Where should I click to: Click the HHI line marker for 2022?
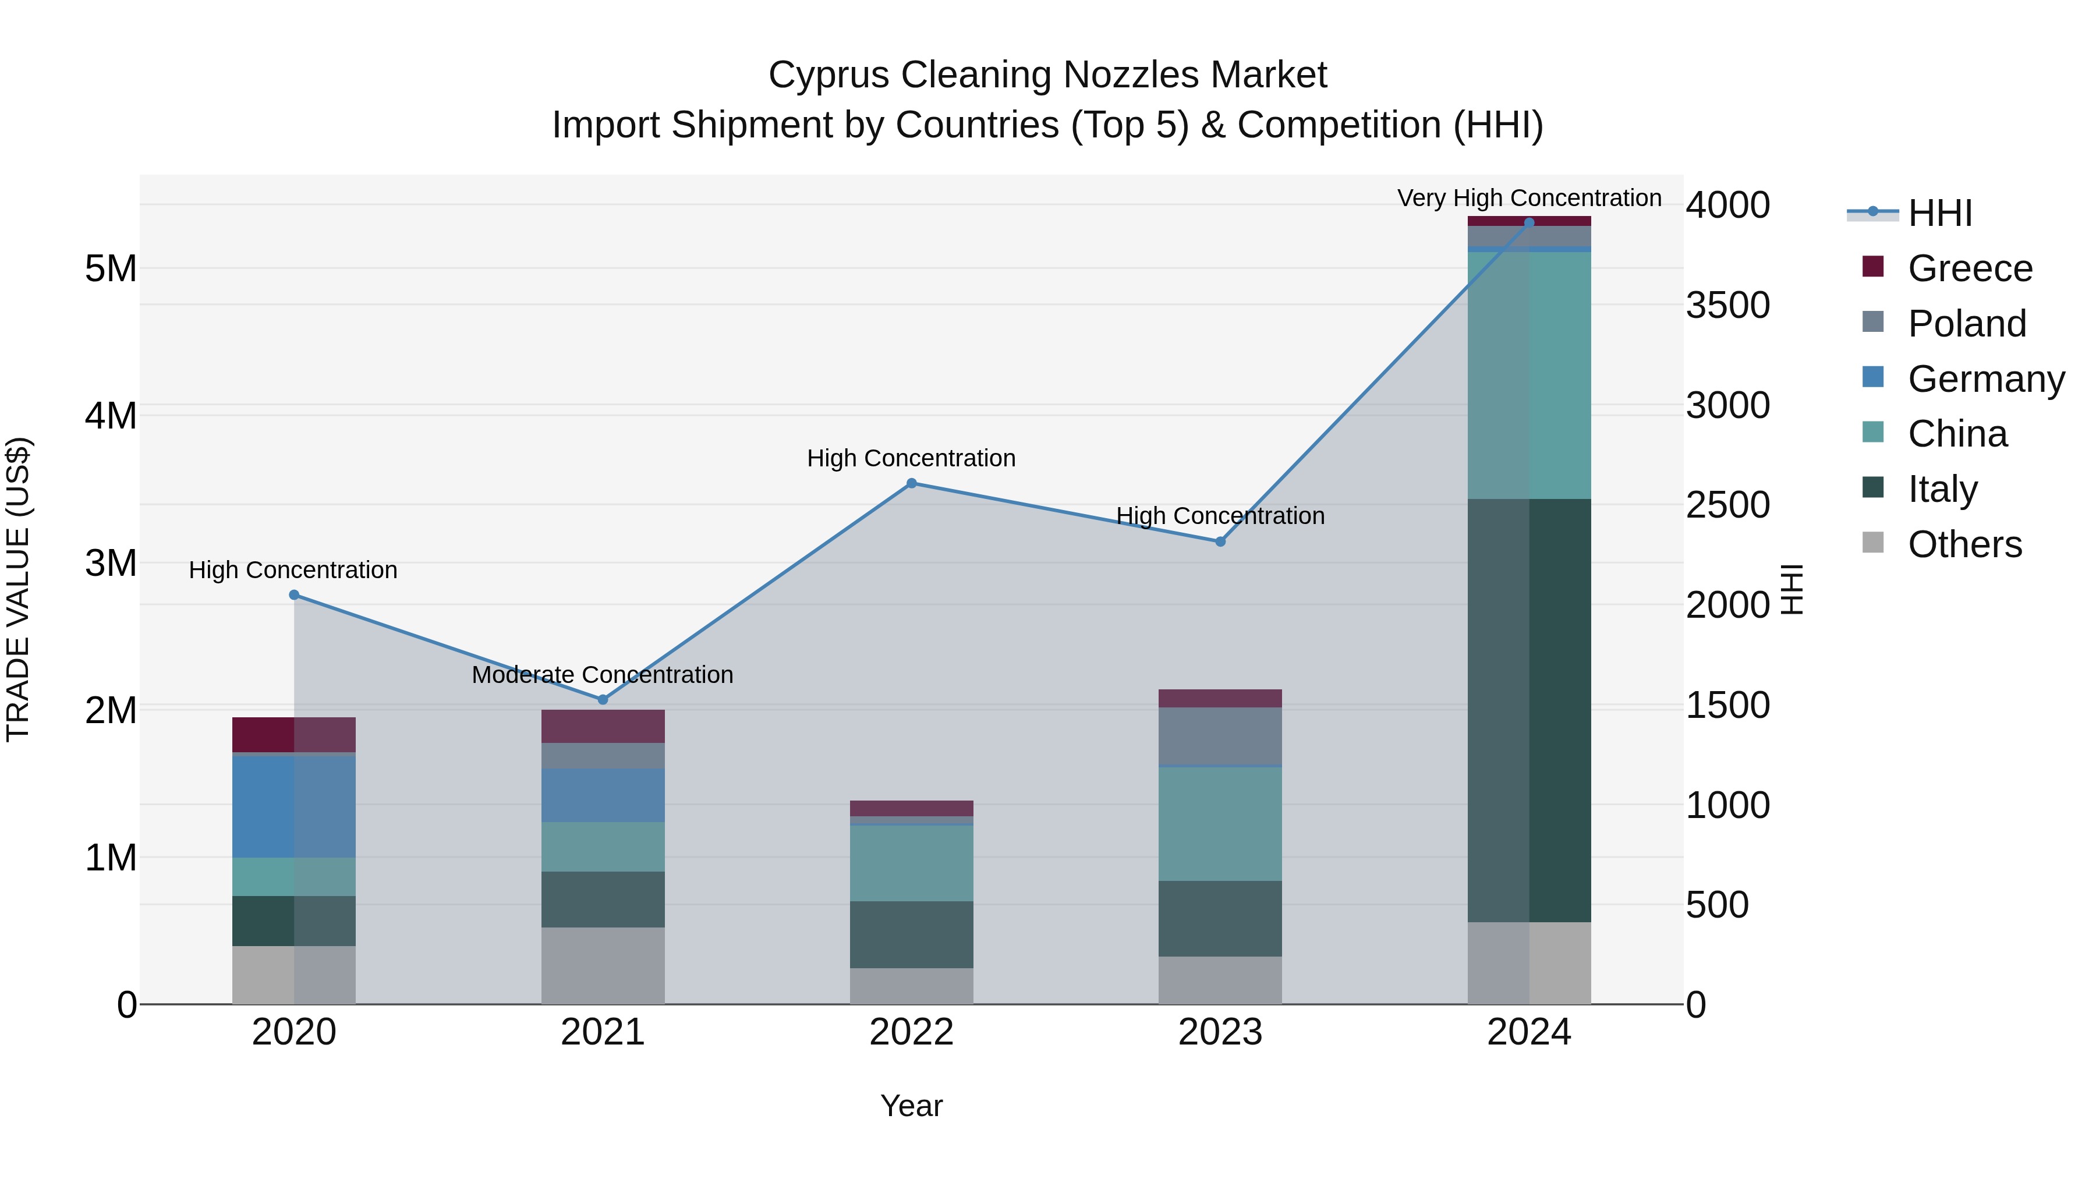pos(911,483)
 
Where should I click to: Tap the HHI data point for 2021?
pos(603,700)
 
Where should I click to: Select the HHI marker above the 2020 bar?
pos(294,595)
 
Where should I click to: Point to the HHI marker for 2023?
pos(1220,541)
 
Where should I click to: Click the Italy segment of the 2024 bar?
pos(1529,710)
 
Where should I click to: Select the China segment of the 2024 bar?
pos(1529,374)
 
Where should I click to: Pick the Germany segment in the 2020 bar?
pos(294,806)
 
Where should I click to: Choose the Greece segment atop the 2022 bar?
pos(911,808)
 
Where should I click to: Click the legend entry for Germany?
pos(1985,379)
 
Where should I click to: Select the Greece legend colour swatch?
pos(1872,267)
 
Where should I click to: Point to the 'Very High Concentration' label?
pos(1529,198)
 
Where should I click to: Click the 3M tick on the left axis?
pos(111,563)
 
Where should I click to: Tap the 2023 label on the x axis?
pos(1220,1032)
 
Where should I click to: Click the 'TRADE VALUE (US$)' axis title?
pos(18,589)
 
